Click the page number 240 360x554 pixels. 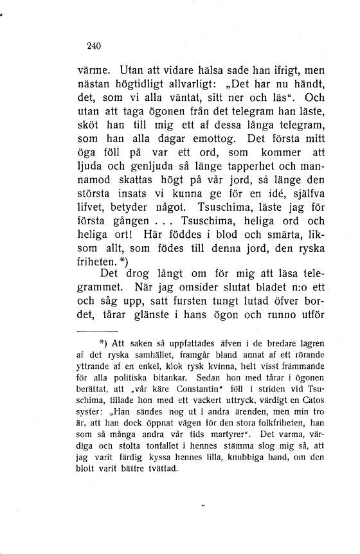click(x=94, y=46)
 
